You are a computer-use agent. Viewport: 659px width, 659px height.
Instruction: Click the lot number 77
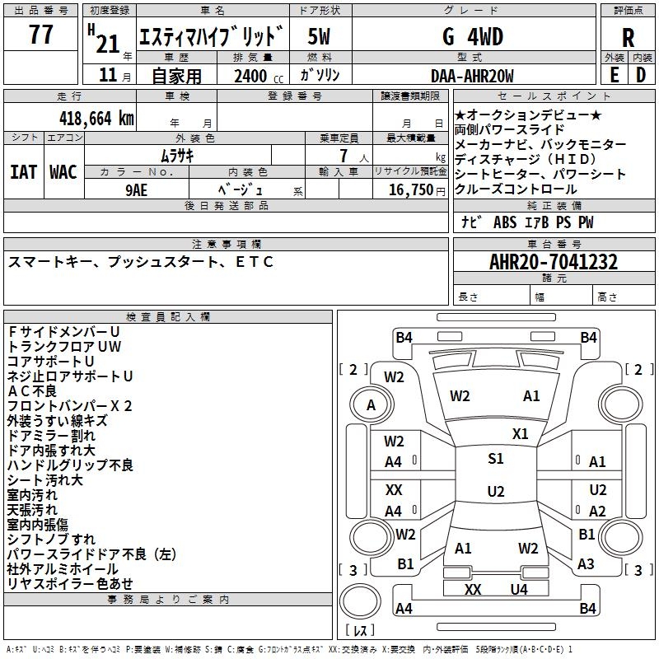[x=41, y=36]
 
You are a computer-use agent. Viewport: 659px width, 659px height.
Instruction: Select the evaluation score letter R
[x=628, y=38]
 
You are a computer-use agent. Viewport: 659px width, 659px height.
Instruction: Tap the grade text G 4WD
[x=472, y=37]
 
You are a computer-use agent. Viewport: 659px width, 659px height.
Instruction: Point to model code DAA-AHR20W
[x=472, y=76]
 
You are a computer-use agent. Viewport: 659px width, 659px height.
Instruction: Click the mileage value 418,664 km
[x=96, y=117]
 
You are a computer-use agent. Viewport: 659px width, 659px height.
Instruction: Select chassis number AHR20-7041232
[x=553, y=262]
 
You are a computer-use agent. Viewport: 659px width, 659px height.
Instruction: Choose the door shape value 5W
[x=319, y=37]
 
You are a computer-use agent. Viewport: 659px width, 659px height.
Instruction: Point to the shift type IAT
[x=23, y=172]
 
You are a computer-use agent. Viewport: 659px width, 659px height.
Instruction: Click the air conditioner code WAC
[x=63, y=172]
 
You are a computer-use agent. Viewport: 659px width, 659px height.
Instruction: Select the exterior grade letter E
[x=614, y=74]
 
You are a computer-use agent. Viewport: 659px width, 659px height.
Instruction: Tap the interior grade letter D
[x=641, y=74]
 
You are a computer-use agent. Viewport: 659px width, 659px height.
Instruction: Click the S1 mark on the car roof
[x=495, y=459]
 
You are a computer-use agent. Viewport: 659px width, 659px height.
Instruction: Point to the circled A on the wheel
[x=371, y=405]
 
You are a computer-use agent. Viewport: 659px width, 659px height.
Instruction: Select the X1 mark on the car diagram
[x=520, y=433]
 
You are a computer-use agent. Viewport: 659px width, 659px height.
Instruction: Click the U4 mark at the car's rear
[x=518, y=589]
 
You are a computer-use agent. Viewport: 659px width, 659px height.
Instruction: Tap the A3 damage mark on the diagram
[x=586, y=564]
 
